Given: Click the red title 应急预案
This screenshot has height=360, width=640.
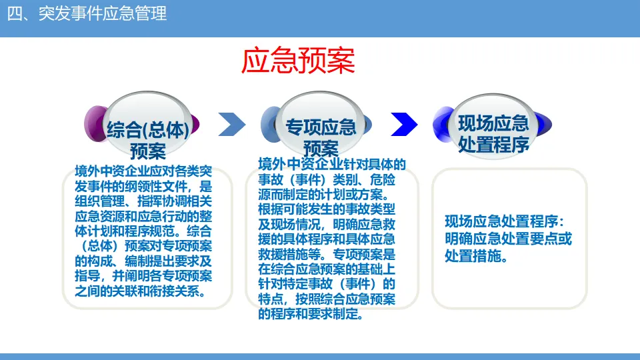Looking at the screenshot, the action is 298,60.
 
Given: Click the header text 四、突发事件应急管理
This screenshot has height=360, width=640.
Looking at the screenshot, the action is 87,13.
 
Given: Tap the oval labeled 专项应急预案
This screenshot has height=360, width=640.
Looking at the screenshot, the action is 321,130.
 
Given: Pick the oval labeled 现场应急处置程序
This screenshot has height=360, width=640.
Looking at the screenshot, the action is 493,130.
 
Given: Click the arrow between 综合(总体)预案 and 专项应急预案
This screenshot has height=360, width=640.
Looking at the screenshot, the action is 232,124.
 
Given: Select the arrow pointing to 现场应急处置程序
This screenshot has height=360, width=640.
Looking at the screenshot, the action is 404,124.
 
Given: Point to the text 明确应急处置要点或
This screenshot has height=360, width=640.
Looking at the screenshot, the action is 508,239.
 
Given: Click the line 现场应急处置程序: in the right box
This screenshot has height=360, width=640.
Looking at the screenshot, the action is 505,222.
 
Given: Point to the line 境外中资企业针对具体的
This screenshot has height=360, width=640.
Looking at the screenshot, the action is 331,165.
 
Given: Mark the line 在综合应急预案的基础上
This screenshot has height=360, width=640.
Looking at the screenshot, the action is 327,269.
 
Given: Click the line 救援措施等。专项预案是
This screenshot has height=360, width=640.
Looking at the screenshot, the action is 327,254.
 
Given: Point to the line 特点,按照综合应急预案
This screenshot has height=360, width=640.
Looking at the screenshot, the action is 327,299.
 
